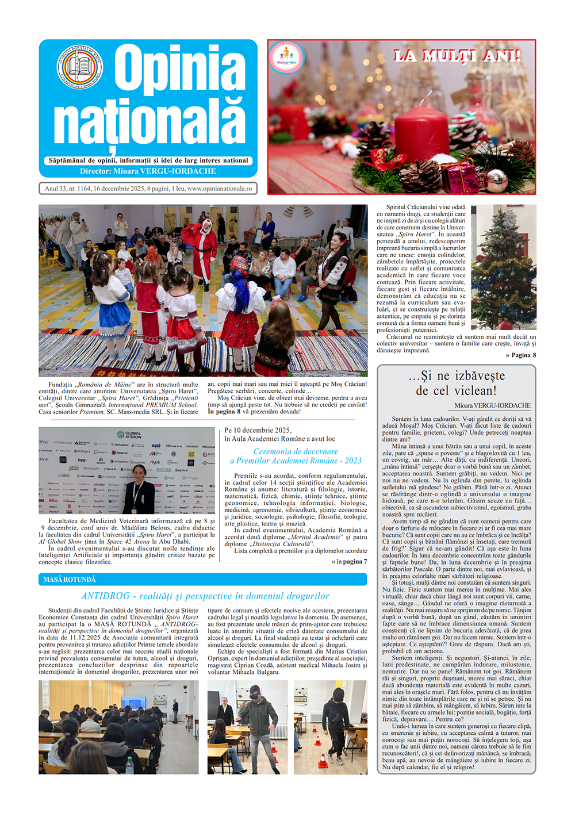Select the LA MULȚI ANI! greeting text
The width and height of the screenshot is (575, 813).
pyautogui.click(x=457, y=56)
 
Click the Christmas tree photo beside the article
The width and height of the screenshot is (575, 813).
pyautogui.click(x=504, y=267)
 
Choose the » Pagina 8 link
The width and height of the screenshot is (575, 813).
pyautogui.click(x=520, y=355)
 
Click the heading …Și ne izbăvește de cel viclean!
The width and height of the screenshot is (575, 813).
pyautogui.click(x=457, y=383)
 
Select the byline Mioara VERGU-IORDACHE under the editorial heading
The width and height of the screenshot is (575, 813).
pyautogui.click(x=492, y=405)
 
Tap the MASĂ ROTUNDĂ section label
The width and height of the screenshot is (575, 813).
pyautogui.click(x=70, y=580)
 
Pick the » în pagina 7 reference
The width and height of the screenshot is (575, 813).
pyautogui.click(x=349, y=562)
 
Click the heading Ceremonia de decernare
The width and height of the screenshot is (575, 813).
pyautogui.click(x=296, y=452)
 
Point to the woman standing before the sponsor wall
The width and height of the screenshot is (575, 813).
pyautogui.click(x=140, y=489)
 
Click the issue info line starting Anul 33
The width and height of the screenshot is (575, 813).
pyautogui.click(x=148, y=189)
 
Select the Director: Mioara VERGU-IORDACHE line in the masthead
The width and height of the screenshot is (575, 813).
pyautogui.click(x=148, y=171)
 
